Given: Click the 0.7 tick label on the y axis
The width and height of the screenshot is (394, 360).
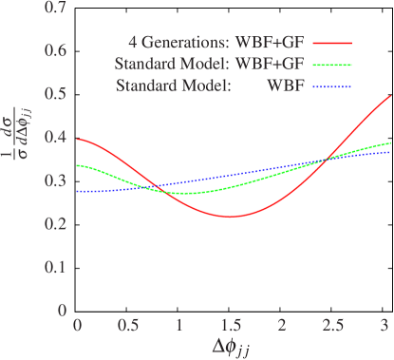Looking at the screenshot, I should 57,10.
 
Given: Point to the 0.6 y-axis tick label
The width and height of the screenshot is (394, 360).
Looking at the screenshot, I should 57,53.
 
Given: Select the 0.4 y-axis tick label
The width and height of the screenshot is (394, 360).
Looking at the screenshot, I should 57,139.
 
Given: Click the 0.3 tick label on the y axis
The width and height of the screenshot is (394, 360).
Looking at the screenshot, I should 57,181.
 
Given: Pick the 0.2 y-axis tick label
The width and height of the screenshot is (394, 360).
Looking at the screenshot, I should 57,224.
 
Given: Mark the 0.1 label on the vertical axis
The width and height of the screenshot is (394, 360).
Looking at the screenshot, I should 57,267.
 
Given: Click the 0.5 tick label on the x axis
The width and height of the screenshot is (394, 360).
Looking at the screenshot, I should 128,325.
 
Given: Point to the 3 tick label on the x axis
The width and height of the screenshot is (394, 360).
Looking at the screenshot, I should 383,325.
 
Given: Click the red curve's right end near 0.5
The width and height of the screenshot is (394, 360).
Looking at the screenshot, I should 391,96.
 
